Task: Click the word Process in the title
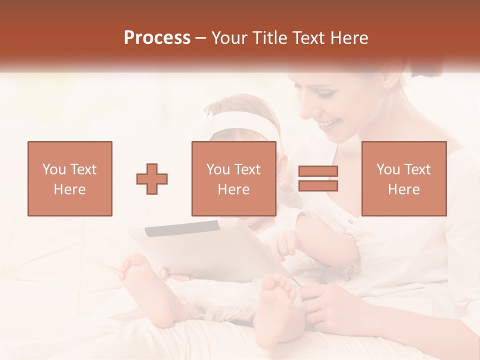[157, 38]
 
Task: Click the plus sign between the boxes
[152, 179]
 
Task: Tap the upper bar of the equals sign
[318, 171]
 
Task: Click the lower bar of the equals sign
[318, 185]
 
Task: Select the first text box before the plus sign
[70, 178]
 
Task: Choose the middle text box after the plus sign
[234, 178]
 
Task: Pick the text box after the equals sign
[404, 178]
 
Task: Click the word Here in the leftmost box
[70, 189]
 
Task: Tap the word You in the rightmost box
[388, 169]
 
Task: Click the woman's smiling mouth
[330, 122]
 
